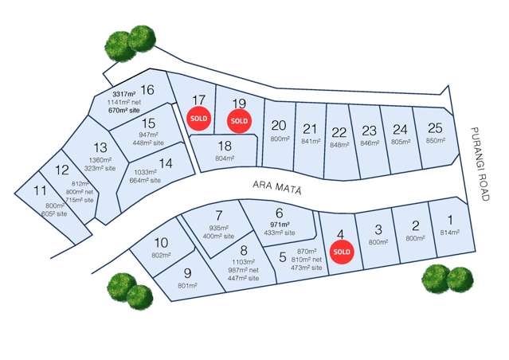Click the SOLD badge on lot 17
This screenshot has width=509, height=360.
point(198,119)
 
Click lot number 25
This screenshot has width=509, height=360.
point(434,127)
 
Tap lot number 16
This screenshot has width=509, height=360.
point(147,90)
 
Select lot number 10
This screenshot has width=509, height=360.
point(160,242)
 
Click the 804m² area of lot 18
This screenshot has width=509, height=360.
point(225,158)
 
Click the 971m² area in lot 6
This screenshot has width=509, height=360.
point(279,225)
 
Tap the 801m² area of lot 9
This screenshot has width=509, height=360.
point(188,284)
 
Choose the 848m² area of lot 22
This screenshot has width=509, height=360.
point(339,145)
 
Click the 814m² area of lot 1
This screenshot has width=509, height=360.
point(450,233)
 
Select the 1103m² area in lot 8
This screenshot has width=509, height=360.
point(244,262)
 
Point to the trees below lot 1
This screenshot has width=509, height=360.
point(447,278)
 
